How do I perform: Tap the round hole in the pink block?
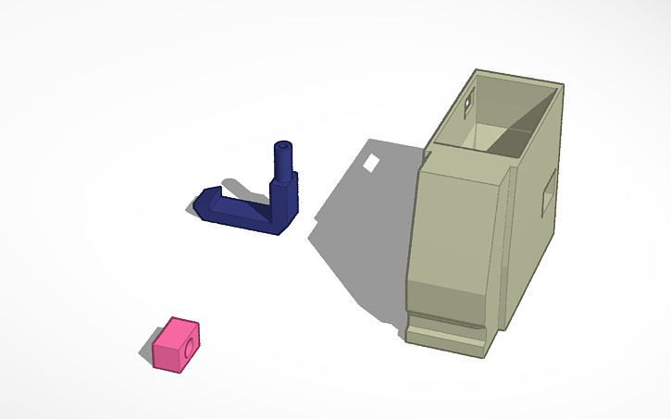click(192, 348)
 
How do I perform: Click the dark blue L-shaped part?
click(250, 208)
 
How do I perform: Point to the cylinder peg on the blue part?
click(281, 160)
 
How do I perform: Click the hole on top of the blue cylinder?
click(281, 145)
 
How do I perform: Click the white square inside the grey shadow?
click(372, 164)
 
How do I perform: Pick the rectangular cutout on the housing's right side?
click(547, 193)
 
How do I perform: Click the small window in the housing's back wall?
click(468, 97)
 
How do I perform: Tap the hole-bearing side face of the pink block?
click(191, 350)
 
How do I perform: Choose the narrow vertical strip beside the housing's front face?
click(503, 250)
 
